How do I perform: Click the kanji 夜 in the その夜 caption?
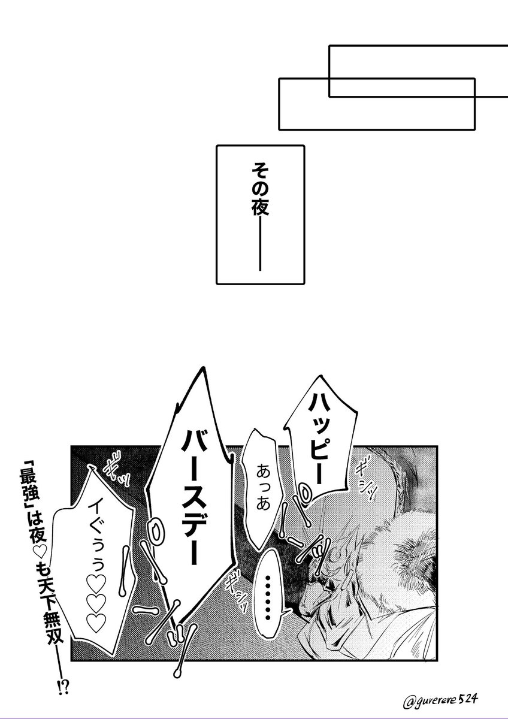[x=259, y=207]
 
